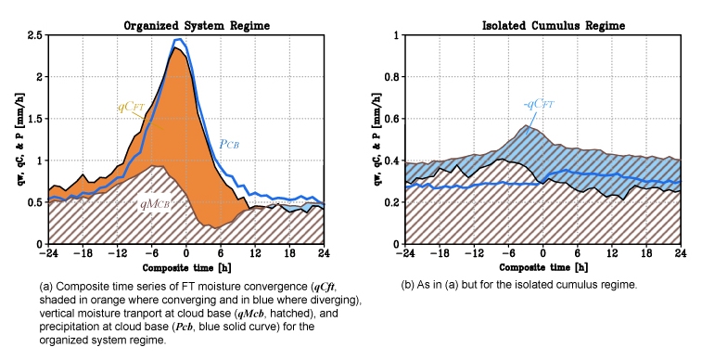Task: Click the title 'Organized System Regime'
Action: point(197,26)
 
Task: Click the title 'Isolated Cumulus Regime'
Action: point(554,26)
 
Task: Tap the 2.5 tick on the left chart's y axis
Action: point(35,35)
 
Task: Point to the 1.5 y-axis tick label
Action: point(35,119)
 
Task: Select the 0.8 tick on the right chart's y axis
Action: point(392,77)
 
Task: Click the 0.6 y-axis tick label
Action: point(392,119)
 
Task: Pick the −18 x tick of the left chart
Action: point(83,253)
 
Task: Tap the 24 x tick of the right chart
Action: point(681,253)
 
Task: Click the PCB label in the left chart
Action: point(229,144)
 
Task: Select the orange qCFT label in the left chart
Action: point(131,107)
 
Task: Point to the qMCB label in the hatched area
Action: point(155,204)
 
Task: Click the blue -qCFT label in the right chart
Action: point(539,104)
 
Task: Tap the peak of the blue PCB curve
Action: point(179,39)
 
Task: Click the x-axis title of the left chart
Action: point(186,268)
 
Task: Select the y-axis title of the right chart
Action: point(377,139)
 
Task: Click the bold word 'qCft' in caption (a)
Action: point(324,287)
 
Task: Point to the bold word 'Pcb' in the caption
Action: point(184,327)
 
